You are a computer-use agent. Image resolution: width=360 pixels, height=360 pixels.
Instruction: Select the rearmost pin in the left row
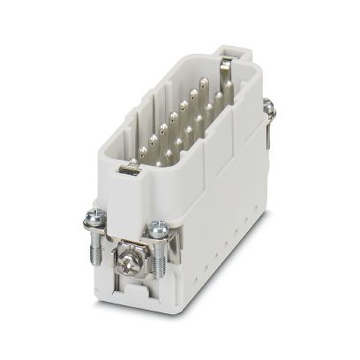coord(204,84)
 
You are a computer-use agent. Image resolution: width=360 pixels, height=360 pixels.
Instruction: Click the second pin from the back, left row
coord(194,94)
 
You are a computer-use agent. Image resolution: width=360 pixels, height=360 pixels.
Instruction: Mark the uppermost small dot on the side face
coord(256,208)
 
